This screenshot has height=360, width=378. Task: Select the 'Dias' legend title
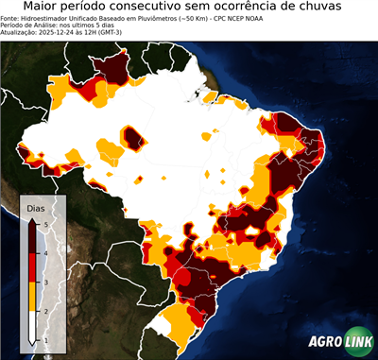(x=35, y=207)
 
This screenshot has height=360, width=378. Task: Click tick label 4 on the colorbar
(x=45, y=253)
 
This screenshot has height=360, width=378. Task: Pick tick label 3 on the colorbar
(x=45, y=282)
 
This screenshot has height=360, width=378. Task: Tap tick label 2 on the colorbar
(x=45, y=310)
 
